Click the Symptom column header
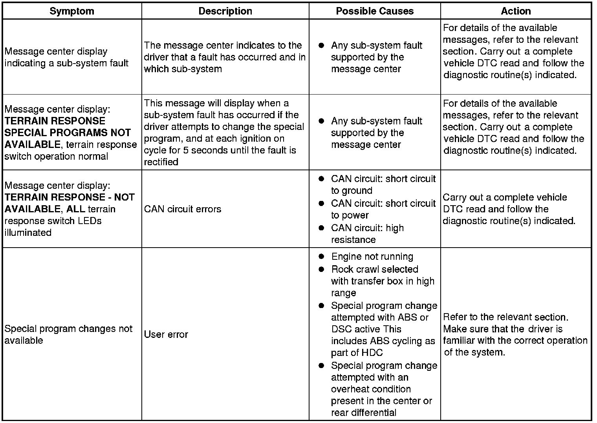click(x=72, y=11)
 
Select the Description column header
click(x=225, y=11)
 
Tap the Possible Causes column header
click(x=375, y=11)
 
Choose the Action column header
click(x=516, y=11)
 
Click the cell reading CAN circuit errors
click(x=183, y=209)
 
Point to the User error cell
click(x=166, y=334)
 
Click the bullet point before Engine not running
click(x=321, y=257)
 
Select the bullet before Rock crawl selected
click(x=321, y=269)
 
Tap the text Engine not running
click(x=372, y=257)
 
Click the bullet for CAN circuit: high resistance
click(x=321, y=228)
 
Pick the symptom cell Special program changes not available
click(x=68, y=334)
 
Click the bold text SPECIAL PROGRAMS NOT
click(x=68, y=133)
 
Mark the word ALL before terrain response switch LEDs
click(x=76, y=209)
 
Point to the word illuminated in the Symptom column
click(x=28, y=232)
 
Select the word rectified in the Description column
click(x=161, y=162)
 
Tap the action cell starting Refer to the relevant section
click(x=515, y=334)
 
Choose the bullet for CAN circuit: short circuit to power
click(x=321, y=203)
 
